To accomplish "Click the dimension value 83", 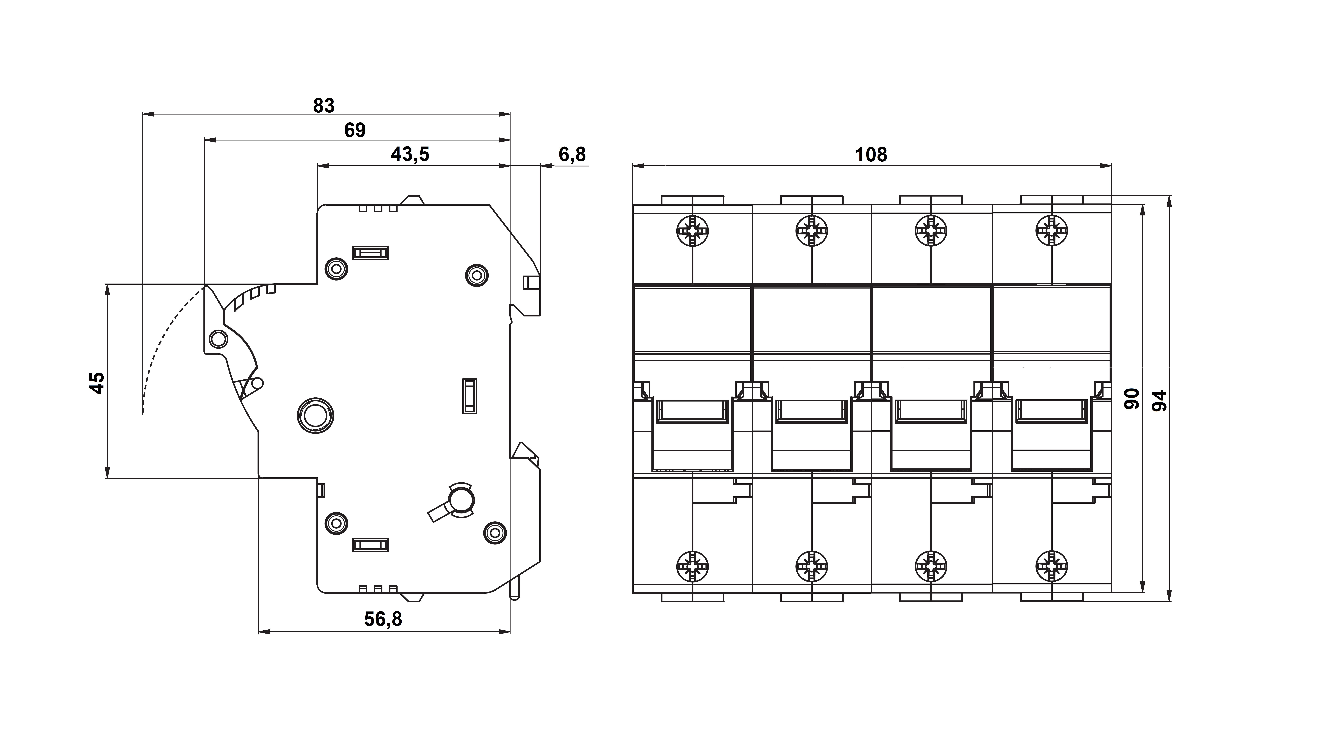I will pos(324,106).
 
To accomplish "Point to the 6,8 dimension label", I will pos(572,154).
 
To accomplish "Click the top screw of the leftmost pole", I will pos(692,230).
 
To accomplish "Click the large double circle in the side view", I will pos(315,415).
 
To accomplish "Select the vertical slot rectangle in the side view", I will pos(470,396).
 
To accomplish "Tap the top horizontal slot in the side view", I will pos(370,253).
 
